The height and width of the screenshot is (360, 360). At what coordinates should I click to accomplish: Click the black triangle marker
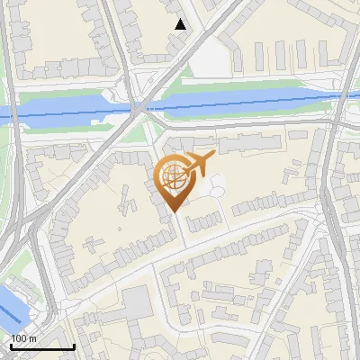pos(181,24)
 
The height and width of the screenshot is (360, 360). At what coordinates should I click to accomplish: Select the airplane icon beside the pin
pos(200,164)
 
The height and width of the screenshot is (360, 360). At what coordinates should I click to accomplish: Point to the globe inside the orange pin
pos(173,177)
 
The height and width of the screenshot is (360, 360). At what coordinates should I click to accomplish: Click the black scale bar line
pos(41,346)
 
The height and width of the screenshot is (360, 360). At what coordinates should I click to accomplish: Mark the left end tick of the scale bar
pos(10,345)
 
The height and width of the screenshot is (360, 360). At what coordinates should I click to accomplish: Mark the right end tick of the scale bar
pos(73,345)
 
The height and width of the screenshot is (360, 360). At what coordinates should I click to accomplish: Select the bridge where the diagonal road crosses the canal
pos(139,107)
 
